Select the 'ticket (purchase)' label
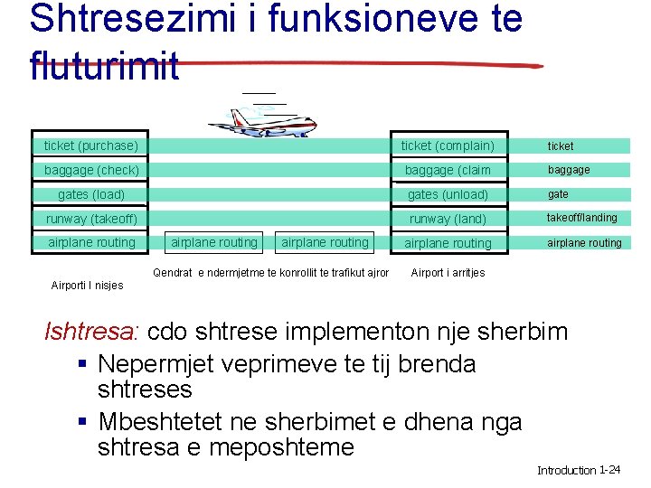click(x=91, y=145)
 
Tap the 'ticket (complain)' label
click(x=448, y=145)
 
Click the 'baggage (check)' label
click(x=91, y=170)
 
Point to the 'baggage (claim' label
click(x=448, y=170)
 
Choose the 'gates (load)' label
click(x=91, y=194)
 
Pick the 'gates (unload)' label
click(x=448, y=194)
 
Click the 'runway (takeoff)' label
click(x=91, y=219)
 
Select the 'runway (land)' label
click(x=448, y=219)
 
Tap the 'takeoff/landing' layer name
click(x=581, y=218)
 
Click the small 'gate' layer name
click(x=558, y=194)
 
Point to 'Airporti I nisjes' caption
click(x=87, y=286)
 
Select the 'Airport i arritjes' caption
click(x=448, y=273)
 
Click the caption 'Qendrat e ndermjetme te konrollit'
click(x=271, y=273)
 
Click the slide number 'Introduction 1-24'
click(x=578, y=470)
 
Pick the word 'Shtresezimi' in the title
click(x=126, y=18)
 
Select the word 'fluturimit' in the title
click(x=105, y=66)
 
